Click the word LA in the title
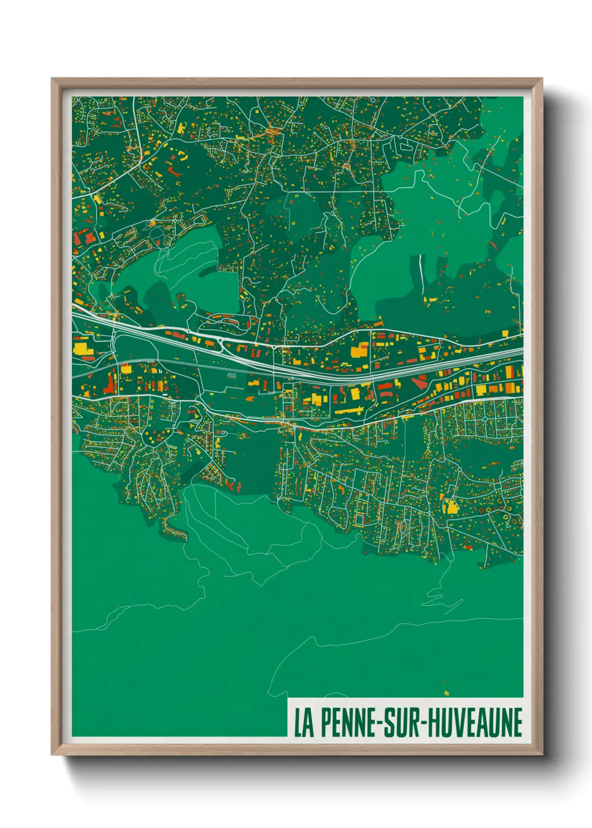pos(303,723)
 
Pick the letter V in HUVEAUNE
pos(463,723)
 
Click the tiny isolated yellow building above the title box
pos(446,693)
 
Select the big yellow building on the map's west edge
pos(82,349)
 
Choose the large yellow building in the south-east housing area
pos(450,506)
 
